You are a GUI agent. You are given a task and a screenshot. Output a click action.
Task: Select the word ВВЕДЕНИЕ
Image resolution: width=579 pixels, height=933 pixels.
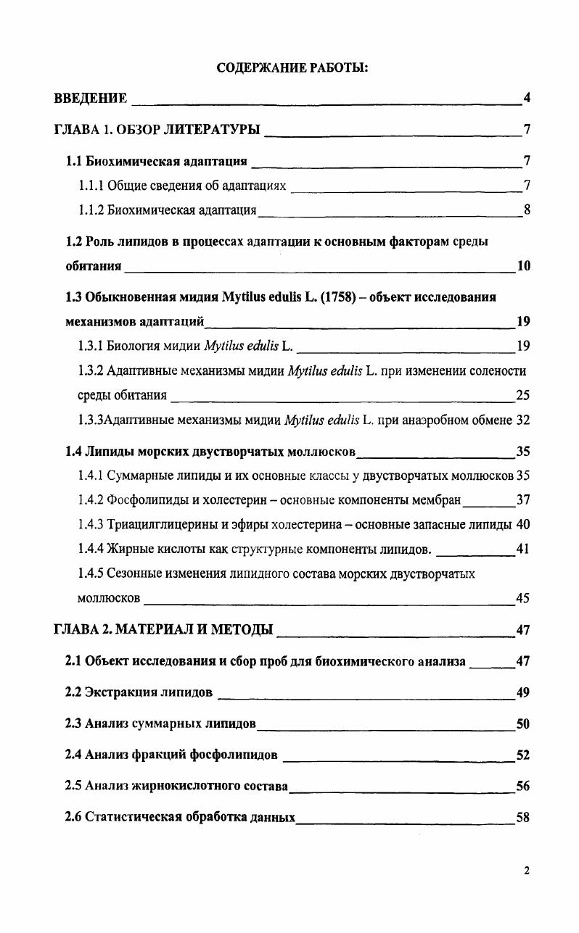91,98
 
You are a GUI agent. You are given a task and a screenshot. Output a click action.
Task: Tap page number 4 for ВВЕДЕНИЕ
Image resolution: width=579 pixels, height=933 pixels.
527,98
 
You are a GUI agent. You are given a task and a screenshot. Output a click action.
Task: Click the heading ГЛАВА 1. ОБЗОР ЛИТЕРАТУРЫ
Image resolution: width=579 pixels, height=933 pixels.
157,130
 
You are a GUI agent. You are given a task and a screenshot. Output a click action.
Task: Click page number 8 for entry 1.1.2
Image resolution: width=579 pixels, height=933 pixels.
527,210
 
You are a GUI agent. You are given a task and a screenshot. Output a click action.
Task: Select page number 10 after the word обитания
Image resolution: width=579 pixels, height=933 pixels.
523,265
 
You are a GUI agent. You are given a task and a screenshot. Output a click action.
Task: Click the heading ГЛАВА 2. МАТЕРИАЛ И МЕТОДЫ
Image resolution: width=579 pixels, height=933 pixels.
164,629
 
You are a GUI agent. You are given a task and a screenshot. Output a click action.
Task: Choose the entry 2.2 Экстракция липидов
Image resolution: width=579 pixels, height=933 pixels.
139,692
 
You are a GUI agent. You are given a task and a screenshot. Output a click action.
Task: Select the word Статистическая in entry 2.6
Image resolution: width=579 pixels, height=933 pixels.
129,818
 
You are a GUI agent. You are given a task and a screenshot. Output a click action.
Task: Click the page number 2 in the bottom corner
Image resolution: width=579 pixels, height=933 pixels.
526,871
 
